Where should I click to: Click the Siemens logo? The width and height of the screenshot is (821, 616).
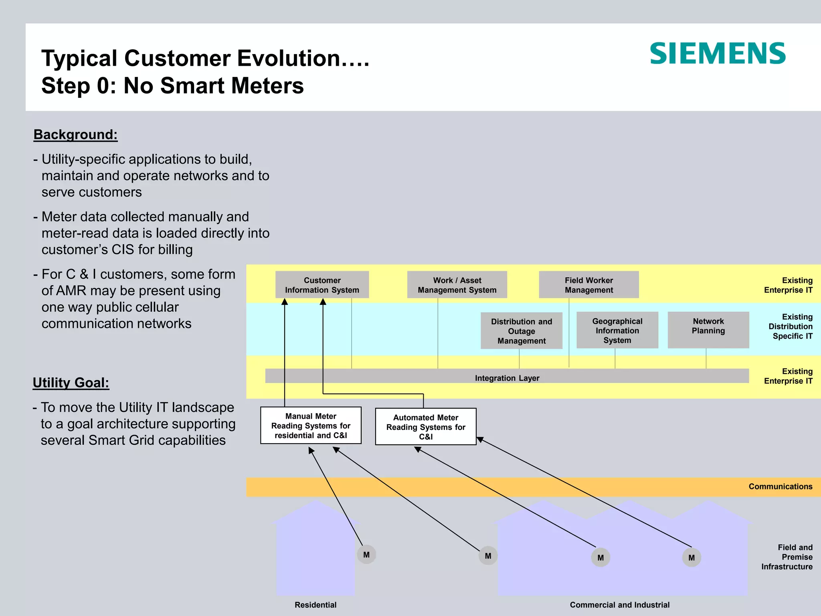click(718, 54)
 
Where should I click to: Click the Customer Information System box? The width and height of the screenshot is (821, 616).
click(322, 285)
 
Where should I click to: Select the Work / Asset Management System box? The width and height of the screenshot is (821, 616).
click(457, 285)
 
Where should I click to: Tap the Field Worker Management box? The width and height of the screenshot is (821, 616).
click(588, 285)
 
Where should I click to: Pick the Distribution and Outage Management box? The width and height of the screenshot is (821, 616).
click(521, 331)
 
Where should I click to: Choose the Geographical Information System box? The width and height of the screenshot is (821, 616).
click(617, 330)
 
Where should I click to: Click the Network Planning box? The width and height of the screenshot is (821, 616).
click(708, 330)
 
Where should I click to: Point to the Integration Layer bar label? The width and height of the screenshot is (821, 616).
click(507, 378)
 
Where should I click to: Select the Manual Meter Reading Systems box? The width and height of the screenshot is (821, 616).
click(311, 426)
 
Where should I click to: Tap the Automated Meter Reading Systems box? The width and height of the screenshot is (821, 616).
click(425, 427)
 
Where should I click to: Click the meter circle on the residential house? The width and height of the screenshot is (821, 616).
click(366, 555)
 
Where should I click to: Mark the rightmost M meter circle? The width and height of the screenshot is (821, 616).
click(692, 557)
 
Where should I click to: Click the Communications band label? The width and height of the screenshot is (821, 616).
click(780, 486)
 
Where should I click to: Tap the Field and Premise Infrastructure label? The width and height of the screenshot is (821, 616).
click(787, 557)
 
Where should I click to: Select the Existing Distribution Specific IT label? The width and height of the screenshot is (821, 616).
click(791, 326)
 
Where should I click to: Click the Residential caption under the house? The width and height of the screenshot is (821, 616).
click(315, 605)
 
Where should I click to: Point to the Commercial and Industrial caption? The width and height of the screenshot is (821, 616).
click(619, 605)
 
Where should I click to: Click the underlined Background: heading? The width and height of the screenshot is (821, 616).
click(75, 134)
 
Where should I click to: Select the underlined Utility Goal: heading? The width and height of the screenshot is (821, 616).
click(71, 383)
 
